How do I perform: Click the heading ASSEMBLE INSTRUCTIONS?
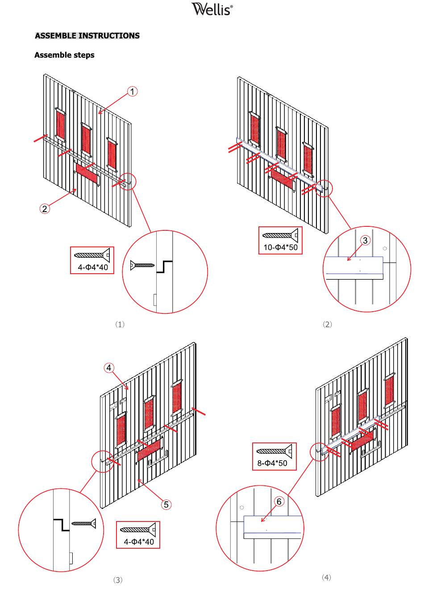point(87,36)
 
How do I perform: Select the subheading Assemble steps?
point(64,55)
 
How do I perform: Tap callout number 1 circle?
point(133,92)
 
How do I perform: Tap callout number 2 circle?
point(45,209)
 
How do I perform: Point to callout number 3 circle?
point(365,240)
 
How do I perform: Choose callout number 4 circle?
point(109,368)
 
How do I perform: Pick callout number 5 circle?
point(166,505)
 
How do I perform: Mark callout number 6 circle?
point(279,501)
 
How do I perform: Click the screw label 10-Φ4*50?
point(280,247)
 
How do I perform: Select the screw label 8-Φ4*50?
point(272,463)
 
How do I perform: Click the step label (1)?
point(120,324)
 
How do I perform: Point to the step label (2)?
point(327,324)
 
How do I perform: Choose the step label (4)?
point(326,577)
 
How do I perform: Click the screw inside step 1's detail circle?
point(142,265)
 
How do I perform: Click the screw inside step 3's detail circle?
point(84,523)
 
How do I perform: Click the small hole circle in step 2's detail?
point(385,248)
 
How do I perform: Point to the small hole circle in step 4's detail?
point(241,507)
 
